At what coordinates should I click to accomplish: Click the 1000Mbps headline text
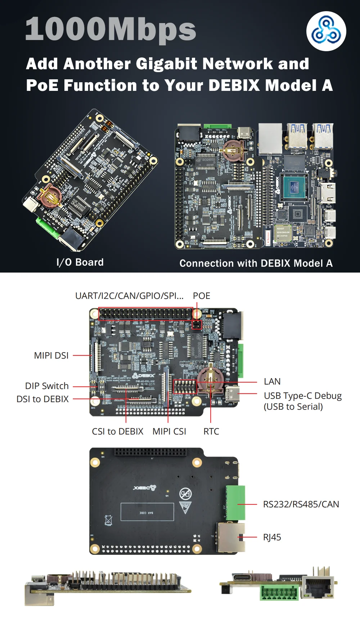click(x=111, y=30)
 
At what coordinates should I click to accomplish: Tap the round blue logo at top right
click(x=326, y=31)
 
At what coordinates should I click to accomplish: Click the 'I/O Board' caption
click(x=80, y=262)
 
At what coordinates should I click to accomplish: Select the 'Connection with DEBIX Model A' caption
click(x=256, y=264)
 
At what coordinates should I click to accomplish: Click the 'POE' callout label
click(x=201, y=296)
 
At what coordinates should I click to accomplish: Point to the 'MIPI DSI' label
click(x=51, y=356)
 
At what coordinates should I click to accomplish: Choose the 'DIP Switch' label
click(x=47, y=386)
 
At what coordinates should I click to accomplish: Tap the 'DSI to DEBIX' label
click(x=42, y=399)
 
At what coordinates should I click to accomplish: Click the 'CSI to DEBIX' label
click(x=117, y=432)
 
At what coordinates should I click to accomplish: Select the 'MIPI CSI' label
click(x=169, y=432)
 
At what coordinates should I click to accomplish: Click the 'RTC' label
click(x=211, y=432)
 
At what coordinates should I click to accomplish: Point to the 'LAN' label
click(x=272, y=382)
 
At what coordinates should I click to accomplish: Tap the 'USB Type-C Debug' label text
click(x=302, y=396)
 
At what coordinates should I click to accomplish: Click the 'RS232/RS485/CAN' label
click(x=301, y=504)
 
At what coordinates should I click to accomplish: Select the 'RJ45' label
click(x=272, y=538)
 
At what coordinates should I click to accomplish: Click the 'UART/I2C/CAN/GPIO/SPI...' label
click(x=129, y=296)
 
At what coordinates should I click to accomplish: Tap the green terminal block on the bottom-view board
click(x=235, y=503)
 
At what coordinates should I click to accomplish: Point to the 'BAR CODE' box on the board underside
click(x=147, y=512)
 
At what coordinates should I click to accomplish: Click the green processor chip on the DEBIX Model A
click(x=294, y=187)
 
